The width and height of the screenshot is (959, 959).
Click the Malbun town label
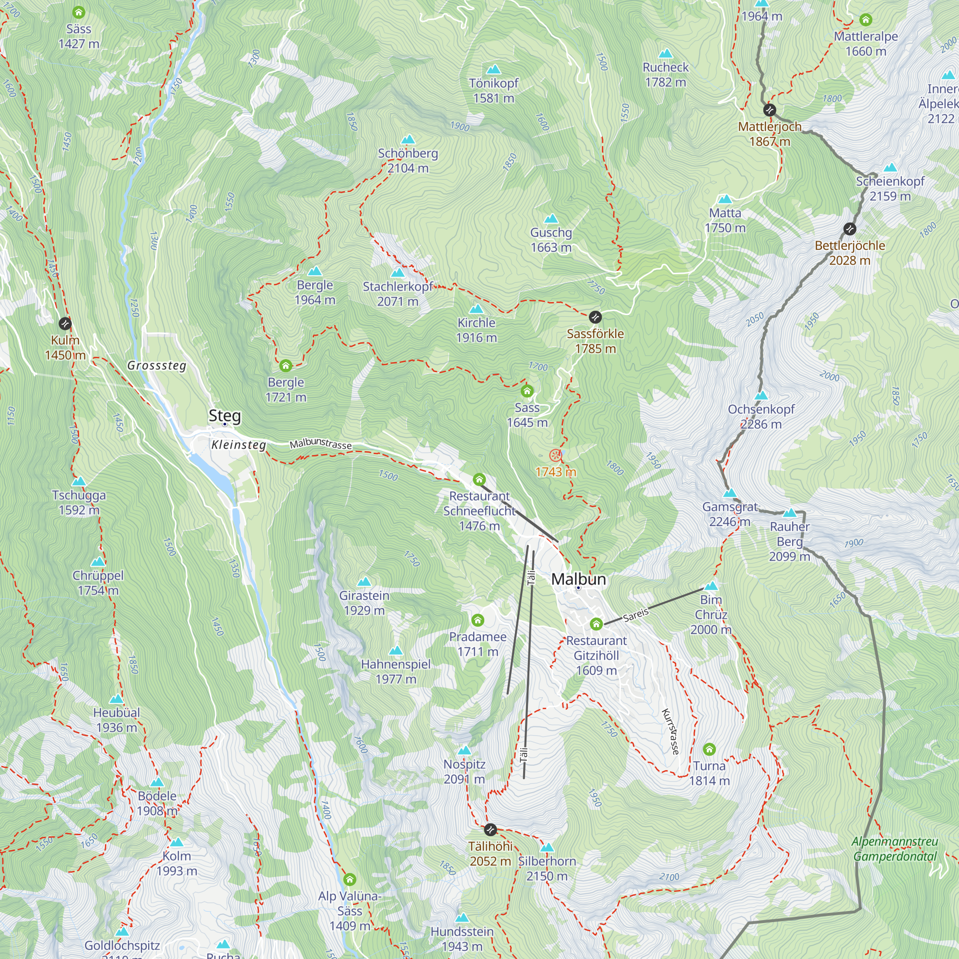[578, 579]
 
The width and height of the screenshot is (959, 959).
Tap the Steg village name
[224, 415]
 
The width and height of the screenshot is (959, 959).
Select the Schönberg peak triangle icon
[408, 140]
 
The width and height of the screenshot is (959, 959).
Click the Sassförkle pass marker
[595, 317]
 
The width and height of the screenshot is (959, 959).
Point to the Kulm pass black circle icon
[65, 324]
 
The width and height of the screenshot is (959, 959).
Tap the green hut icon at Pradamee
[478, 620]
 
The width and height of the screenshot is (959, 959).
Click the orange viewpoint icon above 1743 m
[555, 455]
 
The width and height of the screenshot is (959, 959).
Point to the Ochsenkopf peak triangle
[761, 396]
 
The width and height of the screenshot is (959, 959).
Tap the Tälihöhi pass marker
[490, 830]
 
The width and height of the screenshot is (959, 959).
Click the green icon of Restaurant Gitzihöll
[596, 624]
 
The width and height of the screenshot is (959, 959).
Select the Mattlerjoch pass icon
[770, 110]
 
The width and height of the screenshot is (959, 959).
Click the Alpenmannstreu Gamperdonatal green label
[894, 849]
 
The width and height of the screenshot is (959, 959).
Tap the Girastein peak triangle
[364, 581]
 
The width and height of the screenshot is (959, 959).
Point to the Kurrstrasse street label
[670, 732]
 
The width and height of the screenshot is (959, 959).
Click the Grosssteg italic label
[156, 366]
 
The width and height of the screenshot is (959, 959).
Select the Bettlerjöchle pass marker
[850, 229]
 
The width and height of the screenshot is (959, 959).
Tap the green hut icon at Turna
[709, 749]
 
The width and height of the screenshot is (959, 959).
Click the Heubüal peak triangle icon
[116, 699]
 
